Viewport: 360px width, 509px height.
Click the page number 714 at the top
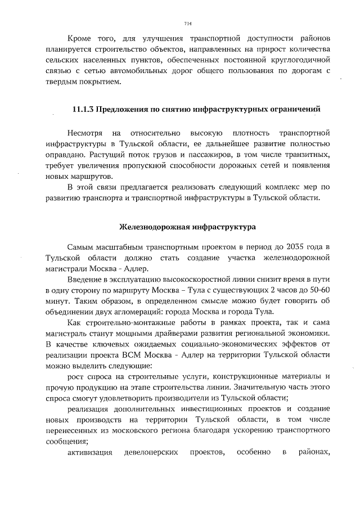pos(188,23)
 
